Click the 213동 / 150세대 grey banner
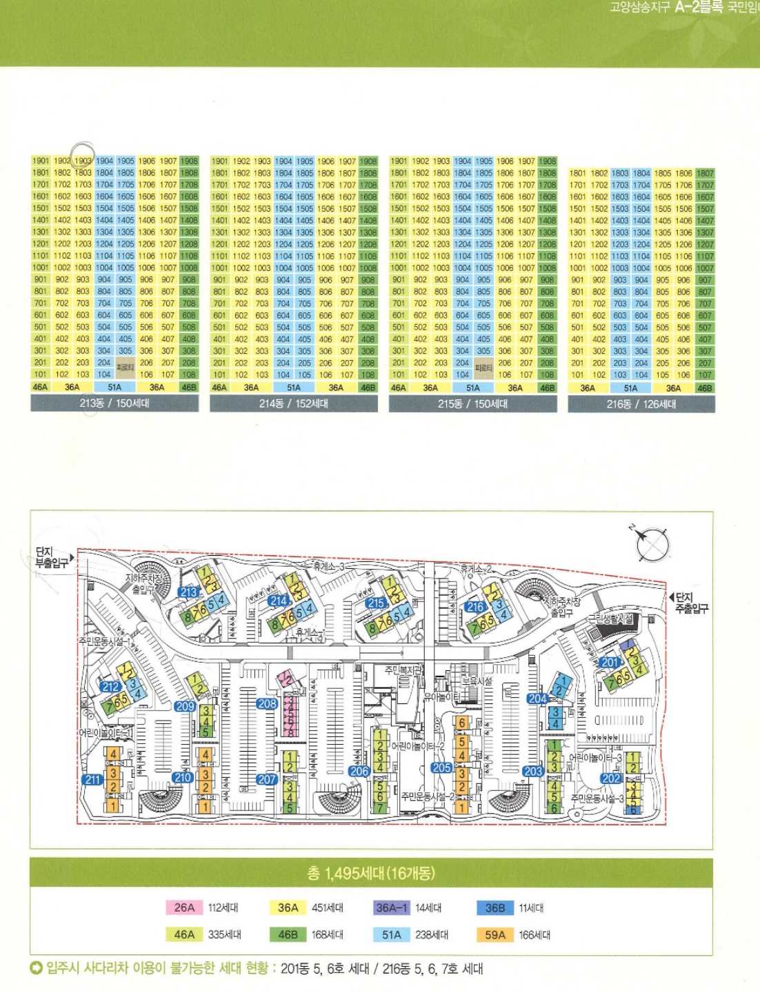pos(114,403)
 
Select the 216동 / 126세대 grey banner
pos(641,404)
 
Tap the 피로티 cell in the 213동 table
pos(126,368)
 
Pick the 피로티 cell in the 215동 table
pos(483,368)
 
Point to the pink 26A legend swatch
pos(184,907)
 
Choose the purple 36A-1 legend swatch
pos(392,907)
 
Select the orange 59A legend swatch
pos(495,935)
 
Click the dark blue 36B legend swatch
pos(495,907)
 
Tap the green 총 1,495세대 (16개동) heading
pos(371,873)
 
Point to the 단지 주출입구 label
pos(690,603)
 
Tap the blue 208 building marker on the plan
pos(267,704)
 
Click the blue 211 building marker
pos(93,780)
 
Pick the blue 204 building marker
pos(538,699)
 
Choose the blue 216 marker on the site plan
pos(476,608)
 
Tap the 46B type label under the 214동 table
pos(368,388)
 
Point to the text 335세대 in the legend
pos(225,935)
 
